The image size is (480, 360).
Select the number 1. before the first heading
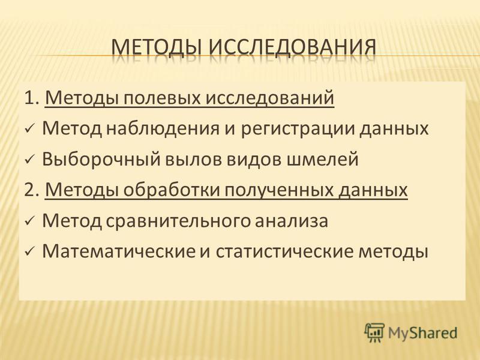click(32, 98)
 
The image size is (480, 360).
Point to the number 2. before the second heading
click(32, 190)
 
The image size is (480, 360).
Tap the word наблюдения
click(163, 128)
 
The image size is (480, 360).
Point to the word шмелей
click(322, 160)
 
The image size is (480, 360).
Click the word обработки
click(172, 190)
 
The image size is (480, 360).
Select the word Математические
click(119, 251)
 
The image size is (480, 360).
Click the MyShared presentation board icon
click(374, 332)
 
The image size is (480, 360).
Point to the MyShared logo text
click(422, 333)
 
